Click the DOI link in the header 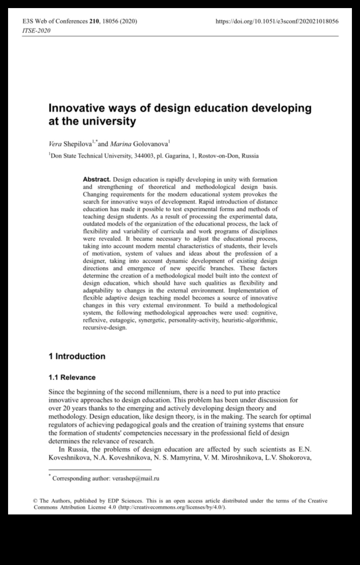(x=277, y=21)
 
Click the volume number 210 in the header (x=93, y=21)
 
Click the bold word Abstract (x=97, y=179)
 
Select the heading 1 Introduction (x=77, y=356)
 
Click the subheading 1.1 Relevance (x=72, y=377)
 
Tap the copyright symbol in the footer (x=36, y=501)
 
